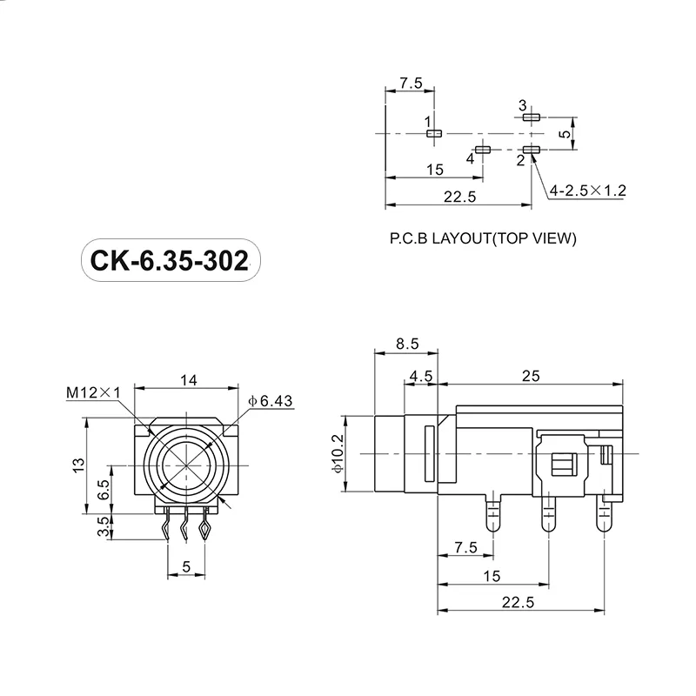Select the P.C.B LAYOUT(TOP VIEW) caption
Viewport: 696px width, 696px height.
(483, 238)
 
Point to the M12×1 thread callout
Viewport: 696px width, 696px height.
(92, 394)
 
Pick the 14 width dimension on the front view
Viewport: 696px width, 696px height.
(187, 379)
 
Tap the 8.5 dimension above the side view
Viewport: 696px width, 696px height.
(407, 344)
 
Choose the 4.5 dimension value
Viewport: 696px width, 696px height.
(421, 376)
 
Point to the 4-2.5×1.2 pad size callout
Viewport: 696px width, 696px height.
(587, 190)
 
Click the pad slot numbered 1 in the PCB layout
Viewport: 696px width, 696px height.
(435, 133)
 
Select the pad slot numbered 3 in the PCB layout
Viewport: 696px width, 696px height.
(532, 117)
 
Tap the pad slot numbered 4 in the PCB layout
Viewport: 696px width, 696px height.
(484, 150)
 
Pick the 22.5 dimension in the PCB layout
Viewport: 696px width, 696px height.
(459, 197)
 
